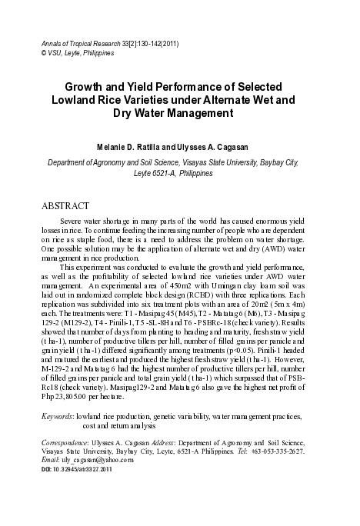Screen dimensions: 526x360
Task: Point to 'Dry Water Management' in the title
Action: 180,114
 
